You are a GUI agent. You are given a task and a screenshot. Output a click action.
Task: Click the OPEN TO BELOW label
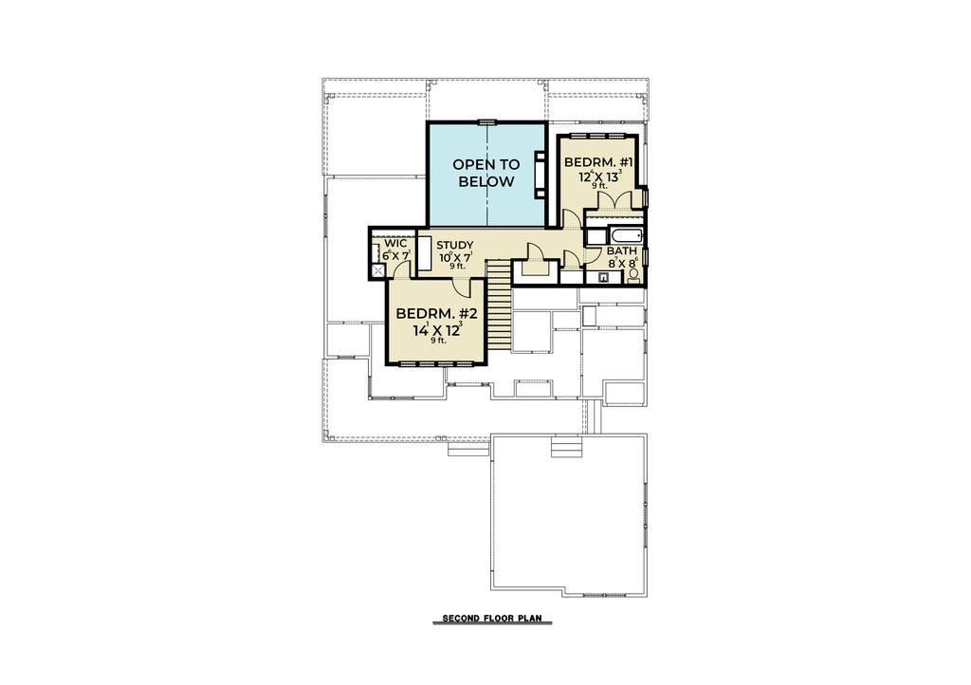[x=486, y=173]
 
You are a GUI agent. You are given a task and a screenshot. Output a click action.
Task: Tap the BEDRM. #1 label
[x=598, y=162]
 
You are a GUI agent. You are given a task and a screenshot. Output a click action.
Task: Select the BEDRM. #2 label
[x=437, y=313]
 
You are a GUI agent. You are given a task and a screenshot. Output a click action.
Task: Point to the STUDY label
[x=454, y=245]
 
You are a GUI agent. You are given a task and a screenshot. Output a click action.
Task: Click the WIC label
[x=395, y=244]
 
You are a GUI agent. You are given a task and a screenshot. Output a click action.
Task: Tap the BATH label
[x=622, y=250]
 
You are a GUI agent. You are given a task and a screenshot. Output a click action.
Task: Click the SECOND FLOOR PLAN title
[x=492, y=618]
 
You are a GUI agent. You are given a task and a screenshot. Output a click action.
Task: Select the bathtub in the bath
[x=627, y=236]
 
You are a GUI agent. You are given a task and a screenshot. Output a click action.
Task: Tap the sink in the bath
[x=602, y=277]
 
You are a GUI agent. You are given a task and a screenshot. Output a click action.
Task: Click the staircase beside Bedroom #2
[x=499, y=305]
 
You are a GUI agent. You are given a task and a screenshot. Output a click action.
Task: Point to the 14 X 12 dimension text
[x=437, y=328]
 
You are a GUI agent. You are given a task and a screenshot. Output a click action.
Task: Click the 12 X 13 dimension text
[x=599, y=176]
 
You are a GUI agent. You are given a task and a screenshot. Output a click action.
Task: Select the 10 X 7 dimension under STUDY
[x=455, y=256]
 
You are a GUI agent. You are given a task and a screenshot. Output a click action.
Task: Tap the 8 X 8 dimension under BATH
[x=622, y=263]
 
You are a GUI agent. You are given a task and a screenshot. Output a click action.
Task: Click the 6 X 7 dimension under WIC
[x=396, y=255]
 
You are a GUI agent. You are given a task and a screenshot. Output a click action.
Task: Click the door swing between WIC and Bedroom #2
[x=403, y=268]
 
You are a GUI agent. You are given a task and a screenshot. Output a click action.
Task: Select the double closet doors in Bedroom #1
[x=614, y=201]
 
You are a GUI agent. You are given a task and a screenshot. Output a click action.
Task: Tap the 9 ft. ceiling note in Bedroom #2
[x=438, y=340]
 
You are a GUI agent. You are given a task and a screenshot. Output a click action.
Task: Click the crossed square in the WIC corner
[x=377, y=270]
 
